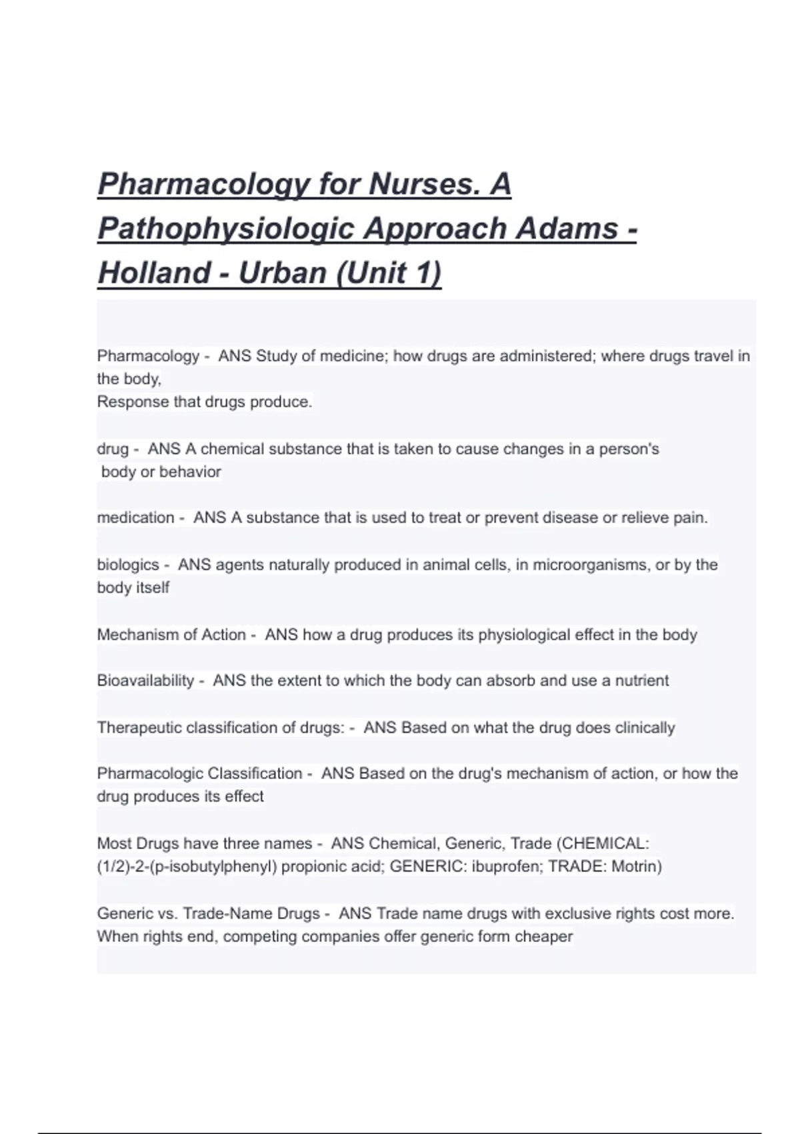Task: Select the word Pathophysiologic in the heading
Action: pyautogui.click(x=226, y=229)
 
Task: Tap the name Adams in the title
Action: pyautogui.click(x=567, y=229)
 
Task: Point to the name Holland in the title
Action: pyautogui.click(x=154, y=273)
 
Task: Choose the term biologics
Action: pyautogui.click(x=128, y=565)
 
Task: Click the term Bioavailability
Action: pyautogui.click(x=145, y=681)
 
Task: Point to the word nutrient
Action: pyautogui.click(x=641, y=681)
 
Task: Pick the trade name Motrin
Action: pyautogui.click(x=636, y=867)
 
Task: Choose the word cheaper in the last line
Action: pyautogui.click(x=549, y=937)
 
